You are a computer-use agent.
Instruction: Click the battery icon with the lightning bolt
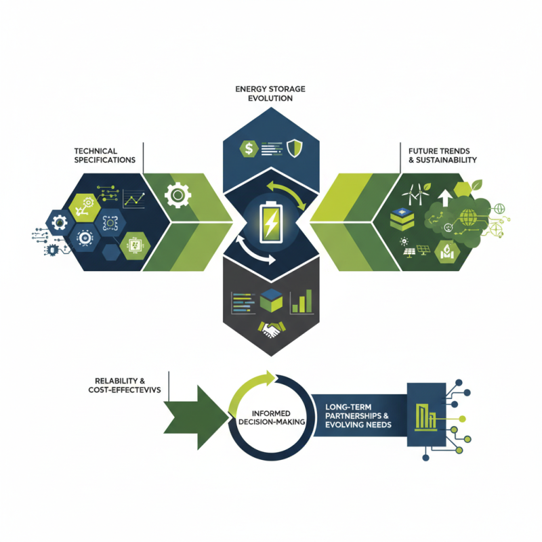270,222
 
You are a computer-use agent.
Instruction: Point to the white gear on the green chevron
178,196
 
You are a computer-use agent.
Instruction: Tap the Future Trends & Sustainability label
442,155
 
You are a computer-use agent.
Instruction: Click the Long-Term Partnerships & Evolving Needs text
355,415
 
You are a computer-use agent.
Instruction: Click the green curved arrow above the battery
288,192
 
